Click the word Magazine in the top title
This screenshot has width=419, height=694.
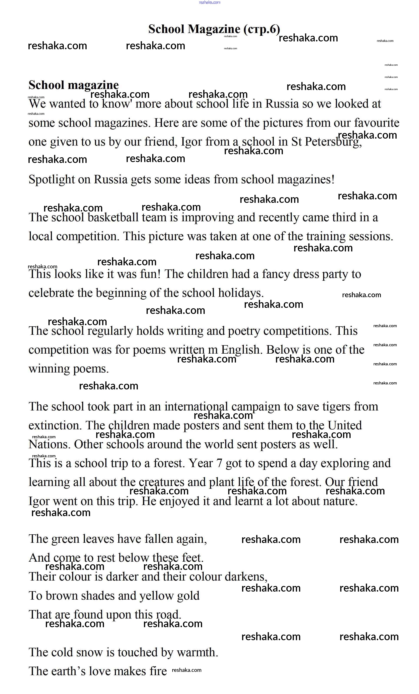[214, 29]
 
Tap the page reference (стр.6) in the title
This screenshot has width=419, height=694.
[262, 29]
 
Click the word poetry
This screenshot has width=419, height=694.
[244, 331]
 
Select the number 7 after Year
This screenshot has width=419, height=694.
[219, 463]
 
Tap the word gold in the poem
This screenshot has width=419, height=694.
[189, 596]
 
